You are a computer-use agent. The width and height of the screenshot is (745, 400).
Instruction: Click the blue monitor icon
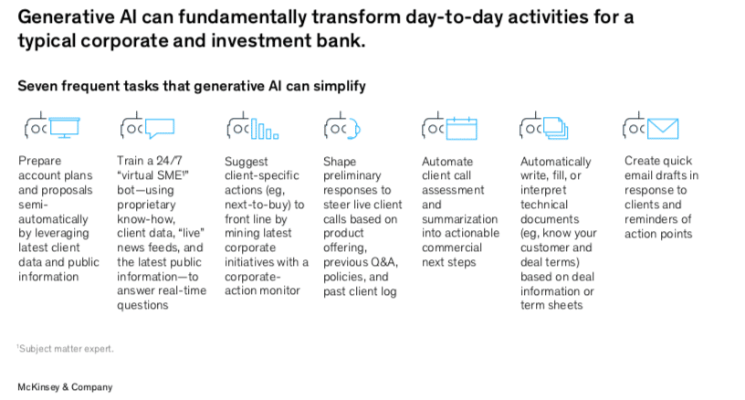click(64, 127)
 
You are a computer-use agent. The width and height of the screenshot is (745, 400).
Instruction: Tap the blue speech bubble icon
click(160, 128)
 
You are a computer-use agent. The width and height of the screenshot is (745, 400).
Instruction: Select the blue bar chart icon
click(265, 129)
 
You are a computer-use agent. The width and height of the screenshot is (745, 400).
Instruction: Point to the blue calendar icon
click(461, 128)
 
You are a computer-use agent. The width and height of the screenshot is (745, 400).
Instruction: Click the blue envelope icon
click(663, 128)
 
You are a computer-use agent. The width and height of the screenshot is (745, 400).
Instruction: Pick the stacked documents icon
click(555, 128)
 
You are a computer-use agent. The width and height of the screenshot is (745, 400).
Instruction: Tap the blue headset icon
click(354, 129)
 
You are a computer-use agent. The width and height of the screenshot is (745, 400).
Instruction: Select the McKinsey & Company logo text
click(65, 387)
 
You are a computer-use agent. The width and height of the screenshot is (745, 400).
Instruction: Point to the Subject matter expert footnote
click(66, 349)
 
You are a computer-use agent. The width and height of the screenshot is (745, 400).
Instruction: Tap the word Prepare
click(40, 161)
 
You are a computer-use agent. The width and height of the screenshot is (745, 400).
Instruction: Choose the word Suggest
click(247, 162)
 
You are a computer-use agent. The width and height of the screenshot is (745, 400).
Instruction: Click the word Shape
click(340, 162)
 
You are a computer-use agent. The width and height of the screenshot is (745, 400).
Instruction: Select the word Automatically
click(555, 162)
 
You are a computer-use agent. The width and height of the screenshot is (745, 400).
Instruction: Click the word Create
click(642, 161)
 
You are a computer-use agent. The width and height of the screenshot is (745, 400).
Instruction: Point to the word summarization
click(459, 219)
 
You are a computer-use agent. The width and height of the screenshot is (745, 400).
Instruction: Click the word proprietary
click(146, 205)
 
